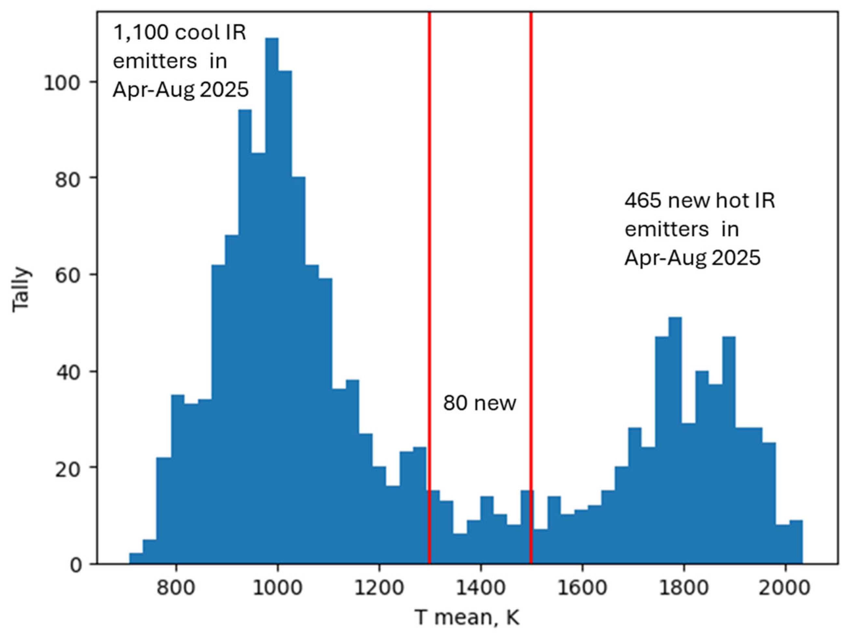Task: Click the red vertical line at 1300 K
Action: click(x=429, y=269)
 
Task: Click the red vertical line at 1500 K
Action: click(x=531, y=269)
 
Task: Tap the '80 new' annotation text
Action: click(x=480, y=403)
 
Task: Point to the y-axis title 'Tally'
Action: click(x=21, y=290)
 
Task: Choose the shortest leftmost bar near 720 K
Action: click(x=136, y=559)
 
